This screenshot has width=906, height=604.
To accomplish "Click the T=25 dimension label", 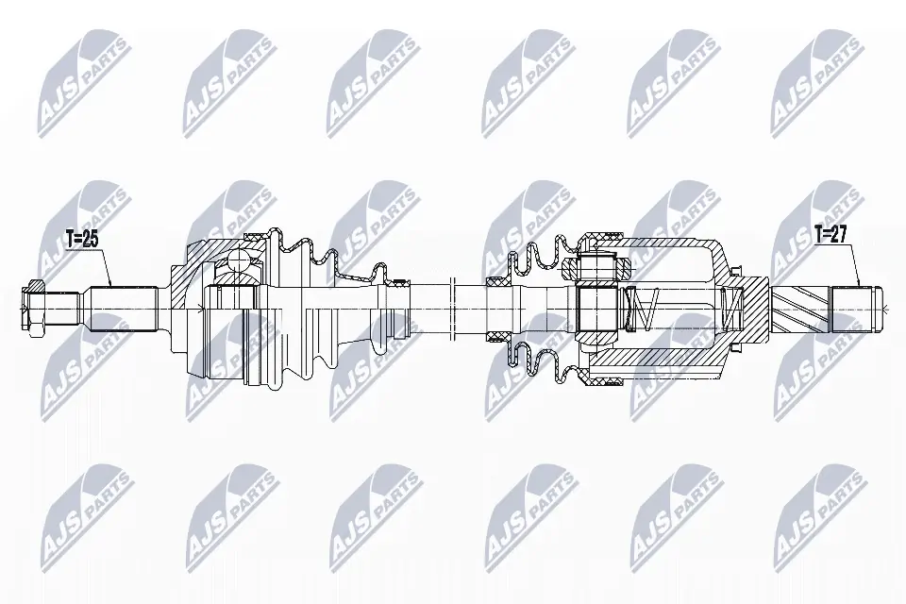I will click(x=83, y=240).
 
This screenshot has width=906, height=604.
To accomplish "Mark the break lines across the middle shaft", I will click(x=454, y=307).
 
